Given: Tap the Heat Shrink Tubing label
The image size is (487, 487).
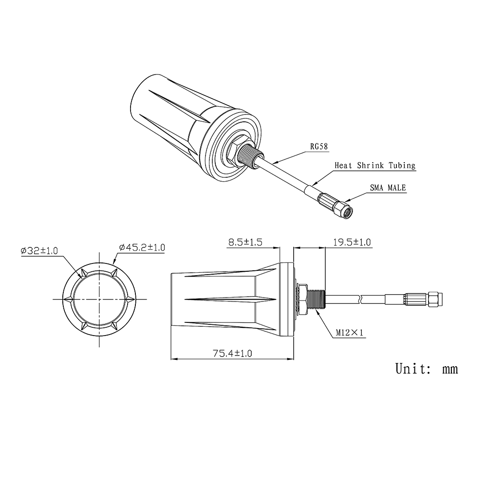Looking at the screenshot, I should coord(375,166).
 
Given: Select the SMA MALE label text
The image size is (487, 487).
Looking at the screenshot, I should coord(388,187).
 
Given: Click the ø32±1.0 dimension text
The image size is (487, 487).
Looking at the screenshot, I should coord(39,251).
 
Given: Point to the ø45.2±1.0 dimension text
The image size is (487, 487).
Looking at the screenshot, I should coord(142,248).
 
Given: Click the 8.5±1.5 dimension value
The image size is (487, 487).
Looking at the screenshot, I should coord(245,242).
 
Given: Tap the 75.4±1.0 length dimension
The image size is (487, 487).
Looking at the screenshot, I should coord(232,354).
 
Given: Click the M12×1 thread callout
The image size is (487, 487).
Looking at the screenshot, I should coord(350,333).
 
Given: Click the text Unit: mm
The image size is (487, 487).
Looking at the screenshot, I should coord(426,369).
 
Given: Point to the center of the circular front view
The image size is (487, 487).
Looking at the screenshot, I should coord(100,299).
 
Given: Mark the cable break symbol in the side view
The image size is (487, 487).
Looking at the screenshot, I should coord(360,298).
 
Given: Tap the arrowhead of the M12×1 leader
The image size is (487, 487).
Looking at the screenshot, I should coord(317,312).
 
